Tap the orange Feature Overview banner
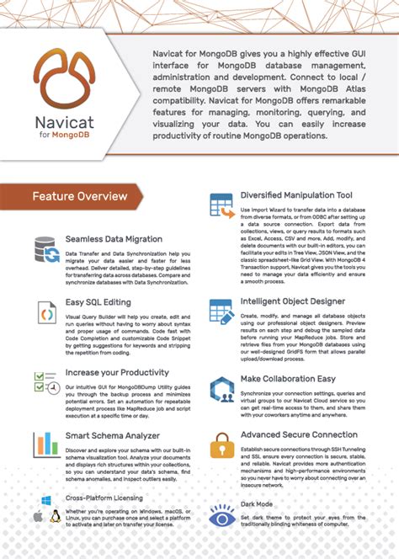coord(79,197)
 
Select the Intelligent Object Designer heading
coord(292,301)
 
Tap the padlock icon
coord(221,445)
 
